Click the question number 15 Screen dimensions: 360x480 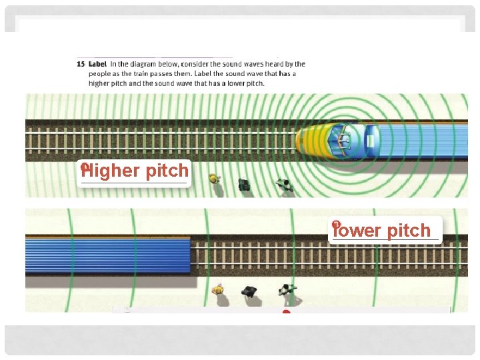(x=79, y=64)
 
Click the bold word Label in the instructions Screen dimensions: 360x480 (x=97, y=64)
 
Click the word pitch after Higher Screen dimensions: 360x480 (x=167, y=171)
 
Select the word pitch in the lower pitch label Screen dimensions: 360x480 (x=409, y=231)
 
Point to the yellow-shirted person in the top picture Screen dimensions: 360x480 (x=214, y=179)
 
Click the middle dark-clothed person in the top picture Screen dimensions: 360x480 (x=243, y=184)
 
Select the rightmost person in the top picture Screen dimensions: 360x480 (x=285, y=185)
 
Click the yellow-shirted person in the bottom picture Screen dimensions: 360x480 (x=217, y=290)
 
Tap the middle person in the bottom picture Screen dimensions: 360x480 (x=249, y=291)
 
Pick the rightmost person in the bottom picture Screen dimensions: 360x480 (x=287, y=290)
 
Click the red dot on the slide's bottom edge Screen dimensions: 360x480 (x=286, y=311)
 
